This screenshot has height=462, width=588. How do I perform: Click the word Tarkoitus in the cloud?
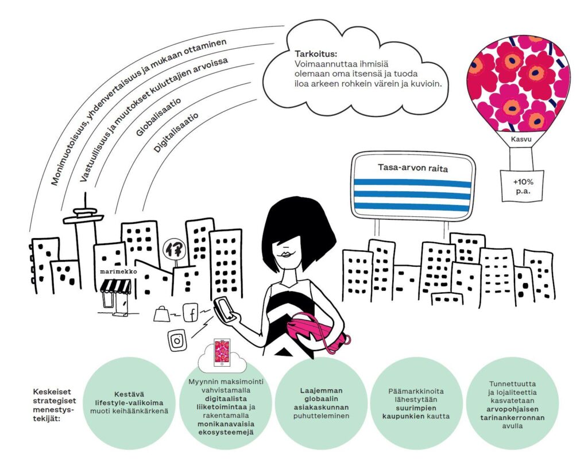[x=316, y=55]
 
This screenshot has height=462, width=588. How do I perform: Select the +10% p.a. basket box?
[x=519, y=185]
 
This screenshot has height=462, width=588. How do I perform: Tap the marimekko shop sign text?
[x=114, y=271]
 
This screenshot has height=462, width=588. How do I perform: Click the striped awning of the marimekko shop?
[x=117, y=285]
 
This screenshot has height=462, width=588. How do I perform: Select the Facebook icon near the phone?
[x=192, y=314]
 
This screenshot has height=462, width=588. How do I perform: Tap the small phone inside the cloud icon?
[x=222, y=352]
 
